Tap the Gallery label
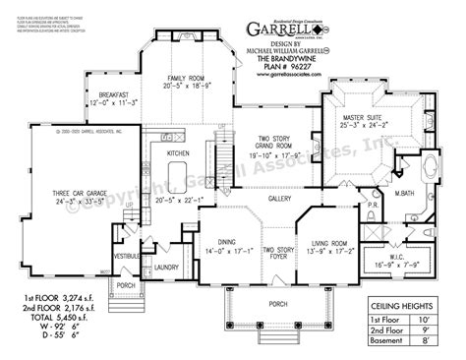pyautogui.click(x=273, y=197)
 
